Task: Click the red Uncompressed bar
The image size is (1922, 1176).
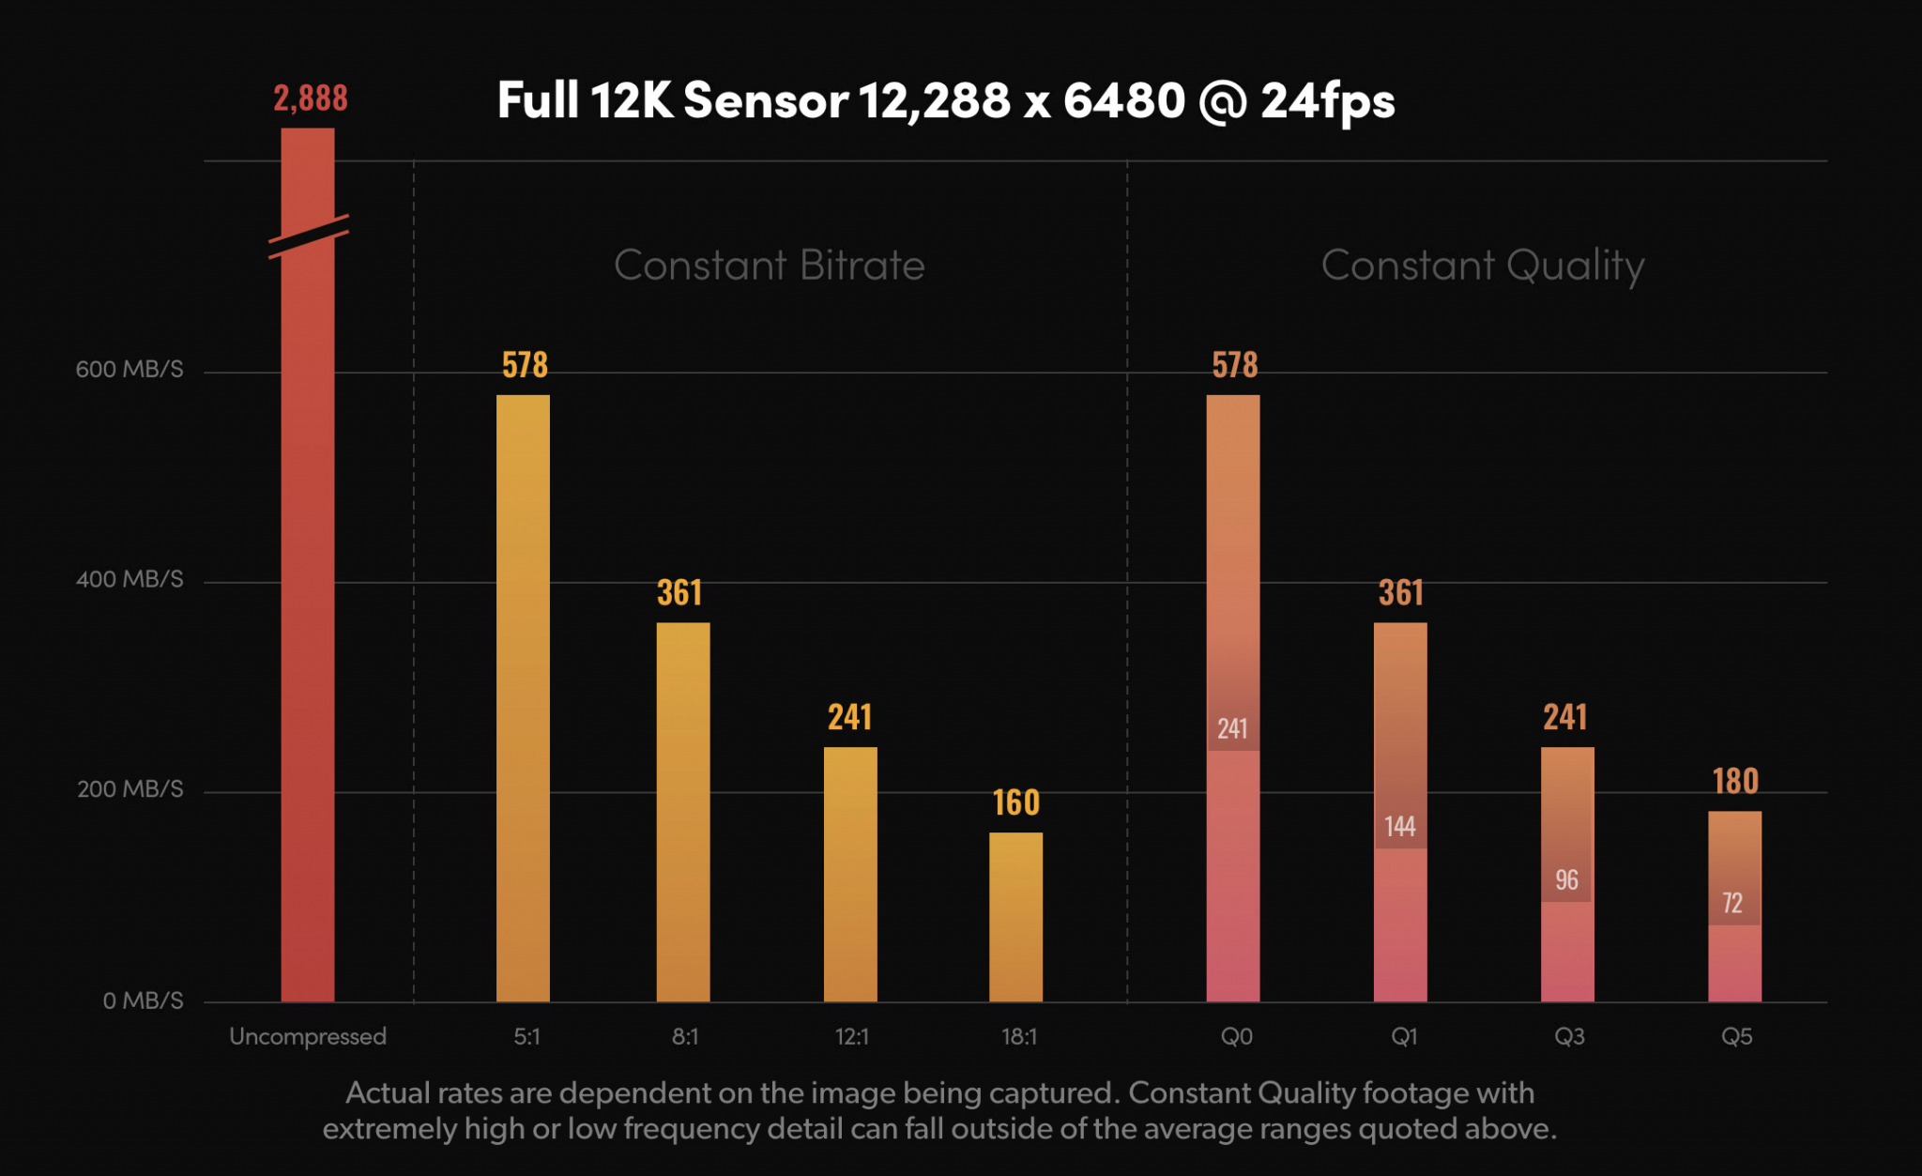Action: pyautogui.click(x=308, y=610)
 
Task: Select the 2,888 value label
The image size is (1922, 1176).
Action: pyautogui.click(x=311, y=99)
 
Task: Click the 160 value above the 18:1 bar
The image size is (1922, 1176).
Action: pyautogui.click(x=1016, y=803)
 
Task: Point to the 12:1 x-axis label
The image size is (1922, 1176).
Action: pyautogui.click(x=851, y=1037)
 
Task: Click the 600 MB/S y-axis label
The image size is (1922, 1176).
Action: pyautogui.click(x=130, y=370)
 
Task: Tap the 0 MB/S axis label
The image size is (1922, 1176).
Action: pyautogui.click(x=143, y=1001)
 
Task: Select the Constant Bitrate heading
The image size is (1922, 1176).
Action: pyautogui.click(x=770, y=266)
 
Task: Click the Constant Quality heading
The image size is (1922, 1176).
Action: pyautogui.click(x=1483, y=267)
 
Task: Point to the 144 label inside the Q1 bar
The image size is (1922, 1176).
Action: pyautogui.click(x=1400, y=827)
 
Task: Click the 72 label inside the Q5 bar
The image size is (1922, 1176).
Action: pyautogui.click(x=1732, y=904)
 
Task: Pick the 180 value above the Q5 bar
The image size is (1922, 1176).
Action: pyautogui.click(x=1735, y=782)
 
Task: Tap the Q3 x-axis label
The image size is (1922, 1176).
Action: pyautogui.click(x=1569, y=1037)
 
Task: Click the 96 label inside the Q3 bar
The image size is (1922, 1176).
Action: pyautogui.click(x=1566, y=880)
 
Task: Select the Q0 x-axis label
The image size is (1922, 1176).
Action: pyautogui.click(x=1236, y=1037)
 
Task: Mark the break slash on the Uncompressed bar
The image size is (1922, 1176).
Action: pyautogui.click(x=309, y=237)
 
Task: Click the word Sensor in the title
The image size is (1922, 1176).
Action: pyautogui.click(x=766, y=101)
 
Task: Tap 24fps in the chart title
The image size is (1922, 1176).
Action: pyautogui.click(x=1327, y=101)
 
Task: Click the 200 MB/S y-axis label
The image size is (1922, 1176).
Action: pyautogui.click(x=130, y=789)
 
